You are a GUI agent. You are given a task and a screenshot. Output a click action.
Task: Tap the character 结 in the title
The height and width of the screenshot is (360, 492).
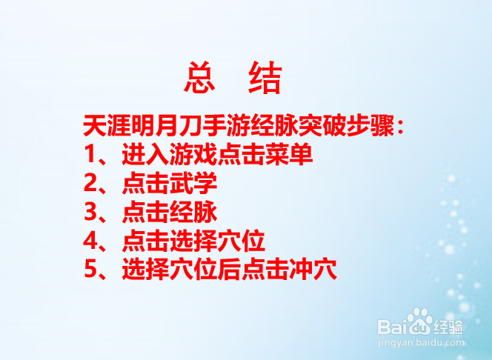265,79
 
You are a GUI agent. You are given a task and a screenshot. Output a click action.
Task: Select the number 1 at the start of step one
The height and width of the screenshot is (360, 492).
91,156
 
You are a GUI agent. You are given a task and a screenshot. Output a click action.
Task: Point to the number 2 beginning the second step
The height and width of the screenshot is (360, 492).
91,184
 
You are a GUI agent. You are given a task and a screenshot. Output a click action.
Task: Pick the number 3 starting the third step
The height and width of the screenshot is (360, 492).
91,213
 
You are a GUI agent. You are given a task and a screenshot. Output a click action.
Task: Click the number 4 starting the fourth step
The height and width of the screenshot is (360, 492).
91,241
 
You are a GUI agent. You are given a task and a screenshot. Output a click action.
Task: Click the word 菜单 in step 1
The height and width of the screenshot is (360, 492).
290,156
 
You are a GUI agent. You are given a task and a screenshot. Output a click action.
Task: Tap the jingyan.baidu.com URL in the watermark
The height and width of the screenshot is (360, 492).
421,343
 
